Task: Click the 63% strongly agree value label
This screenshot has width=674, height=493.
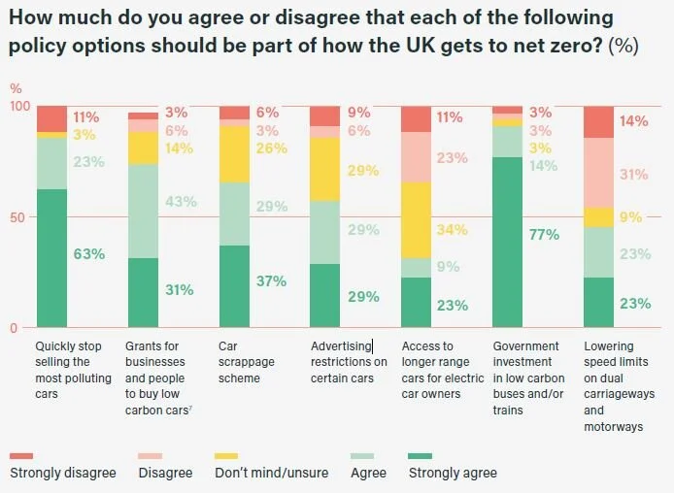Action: click(x=89, y=255)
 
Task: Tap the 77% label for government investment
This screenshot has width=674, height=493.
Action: click(x=544, y=235)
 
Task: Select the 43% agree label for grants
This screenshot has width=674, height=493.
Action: click(x=181, y=202)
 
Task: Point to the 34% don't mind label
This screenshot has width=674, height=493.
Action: click(x=454, y=230)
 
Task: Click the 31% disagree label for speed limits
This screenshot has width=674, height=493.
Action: click(x=634, y=175)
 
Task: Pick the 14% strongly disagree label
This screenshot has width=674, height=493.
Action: click(x=634, y=121)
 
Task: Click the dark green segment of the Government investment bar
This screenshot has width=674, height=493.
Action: click(x=508, y=243)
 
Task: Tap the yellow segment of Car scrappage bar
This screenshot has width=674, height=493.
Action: click(x=234, y=154)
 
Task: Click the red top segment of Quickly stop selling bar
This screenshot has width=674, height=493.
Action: click(x=51, y=118)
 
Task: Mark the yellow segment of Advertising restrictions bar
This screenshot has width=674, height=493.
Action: click(x=325, y=169)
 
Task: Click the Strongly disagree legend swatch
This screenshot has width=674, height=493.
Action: click(x=21, y=455)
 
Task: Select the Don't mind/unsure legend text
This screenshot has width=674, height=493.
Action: click(x=273, y=473)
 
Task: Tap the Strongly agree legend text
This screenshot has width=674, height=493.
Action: click(x=453, y=473)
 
